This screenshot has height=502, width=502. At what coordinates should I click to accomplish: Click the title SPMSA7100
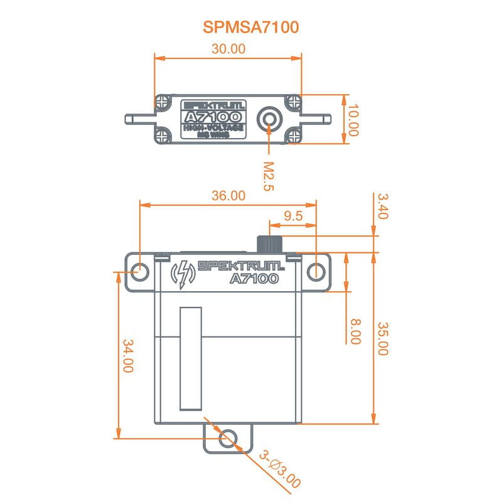250,27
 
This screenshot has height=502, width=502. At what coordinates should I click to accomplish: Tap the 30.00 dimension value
228,49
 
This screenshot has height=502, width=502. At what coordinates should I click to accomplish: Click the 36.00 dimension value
228,196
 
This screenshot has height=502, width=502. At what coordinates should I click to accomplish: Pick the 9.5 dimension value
293,216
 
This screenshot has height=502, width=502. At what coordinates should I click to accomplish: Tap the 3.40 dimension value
383,206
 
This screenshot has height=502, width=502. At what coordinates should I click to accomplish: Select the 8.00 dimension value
355,331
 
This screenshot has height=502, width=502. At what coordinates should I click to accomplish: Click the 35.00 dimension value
383,339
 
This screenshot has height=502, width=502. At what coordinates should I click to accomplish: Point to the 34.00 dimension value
127,356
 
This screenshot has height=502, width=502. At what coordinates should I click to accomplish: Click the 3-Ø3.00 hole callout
280,469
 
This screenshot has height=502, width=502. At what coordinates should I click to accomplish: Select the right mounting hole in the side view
316,272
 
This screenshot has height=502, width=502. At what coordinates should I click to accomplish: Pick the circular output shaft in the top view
270,117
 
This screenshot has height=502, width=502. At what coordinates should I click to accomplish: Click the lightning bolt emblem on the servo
183,274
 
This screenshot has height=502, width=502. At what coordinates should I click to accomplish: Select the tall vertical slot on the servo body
189,359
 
